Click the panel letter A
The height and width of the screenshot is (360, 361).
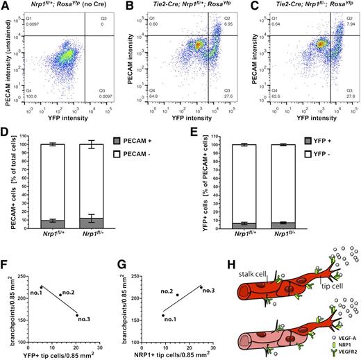point(5,6)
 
